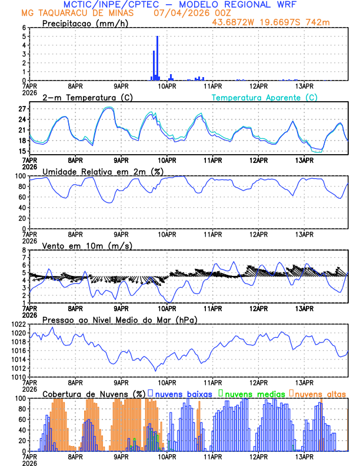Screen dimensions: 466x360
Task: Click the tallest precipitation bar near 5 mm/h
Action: coord(157,58)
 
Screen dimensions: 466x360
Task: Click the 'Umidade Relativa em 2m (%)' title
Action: coord(102,171)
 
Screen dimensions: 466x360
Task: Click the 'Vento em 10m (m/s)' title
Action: coord(87,245)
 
